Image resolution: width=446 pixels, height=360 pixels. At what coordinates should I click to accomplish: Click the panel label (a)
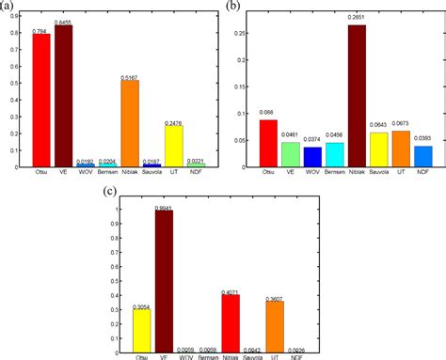[x=11, y=7]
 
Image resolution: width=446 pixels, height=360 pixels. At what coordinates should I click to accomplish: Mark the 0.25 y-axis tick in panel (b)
[x=243, y=33]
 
